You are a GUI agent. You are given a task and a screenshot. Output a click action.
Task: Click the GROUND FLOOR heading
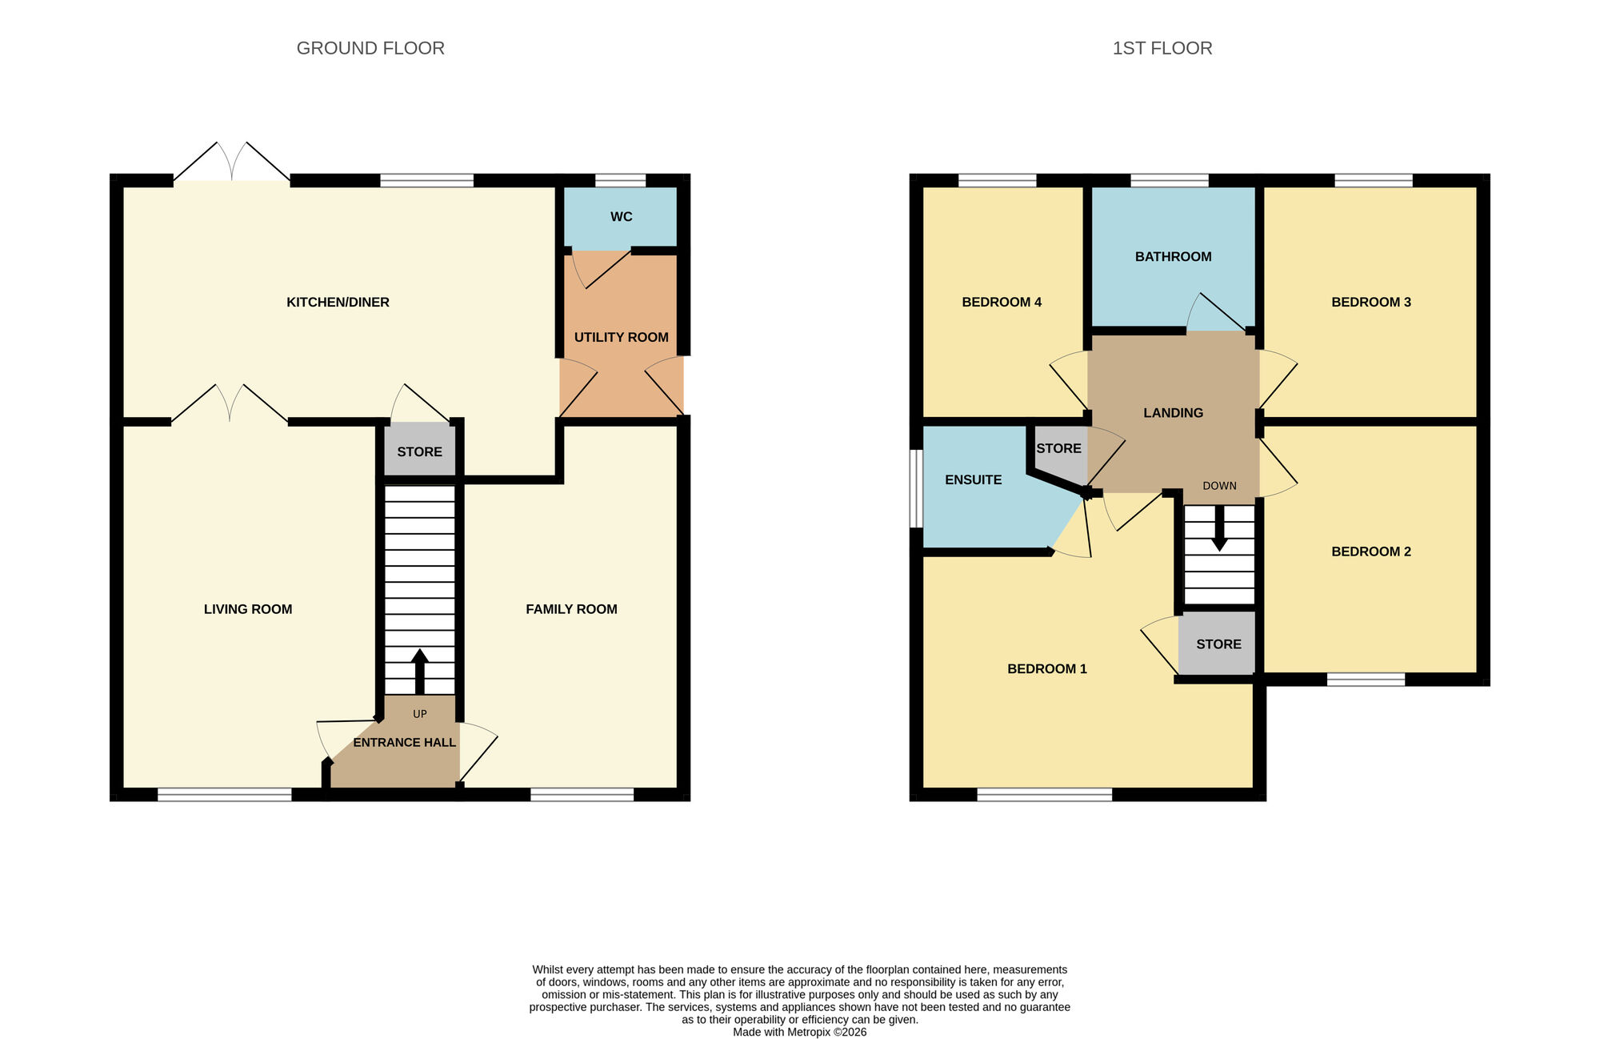[370, 48]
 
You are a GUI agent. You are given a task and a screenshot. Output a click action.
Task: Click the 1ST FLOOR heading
[1162, 48]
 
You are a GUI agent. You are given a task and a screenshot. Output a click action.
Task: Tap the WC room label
[621, 217]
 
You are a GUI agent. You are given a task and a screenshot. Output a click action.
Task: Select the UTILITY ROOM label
[621, 337]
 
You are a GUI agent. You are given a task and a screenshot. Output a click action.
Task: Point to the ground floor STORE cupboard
[419, 451]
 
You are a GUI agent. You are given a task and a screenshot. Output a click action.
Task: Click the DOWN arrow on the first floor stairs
[1219, 528]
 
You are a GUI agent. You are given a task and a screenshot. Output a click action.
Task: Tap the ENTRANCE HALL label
[404, 742]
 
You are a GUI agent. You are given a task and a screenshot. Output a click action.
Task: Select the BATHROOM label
[1173, 256]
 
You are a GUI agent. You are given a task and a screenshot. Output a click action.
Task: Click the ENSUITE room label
[973, 479]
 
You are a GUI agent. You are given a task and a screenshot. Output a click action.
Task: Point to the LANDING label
[1173, 413]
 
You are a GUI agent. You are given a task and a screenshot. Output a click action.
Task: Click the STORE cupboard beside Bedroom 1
[1218, 644]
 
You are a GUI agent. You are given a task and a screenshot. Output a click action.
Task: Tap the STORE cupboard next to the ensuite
[1058, 448]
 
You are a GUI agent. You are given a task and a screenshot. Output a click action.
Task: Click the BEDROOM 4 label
[1001, 302]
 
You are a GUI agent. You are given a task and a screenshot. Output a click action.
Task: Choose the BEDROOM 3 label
[1370, 302]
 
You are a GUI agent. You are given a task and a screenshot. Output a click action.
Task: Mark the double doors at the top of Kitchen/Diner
[232, 162]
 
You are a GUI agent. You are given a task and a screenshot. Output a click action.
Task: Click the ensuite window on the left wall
[917, 488]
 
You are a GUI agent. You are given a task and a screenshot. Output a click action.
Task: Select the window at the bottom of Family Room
[582, 794]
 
